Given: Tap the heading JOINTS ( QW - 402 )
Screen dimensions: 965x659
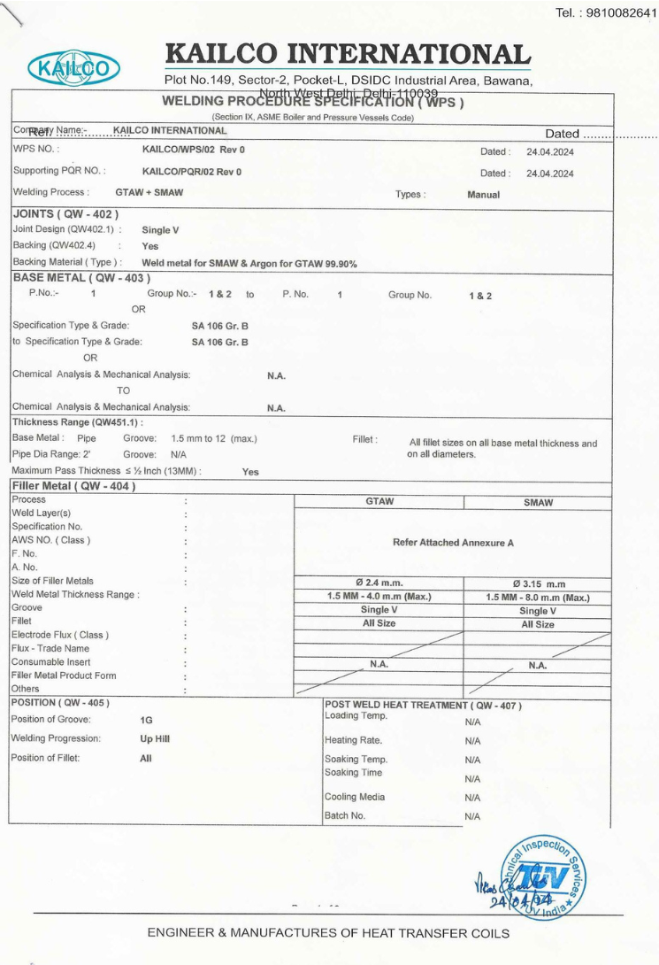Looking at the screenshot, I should pyautogui.click(x=65, y=213).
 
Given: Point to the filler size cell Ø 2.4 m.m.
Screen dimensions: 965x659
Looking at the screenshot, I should pyautogui.click(x=379, y=582).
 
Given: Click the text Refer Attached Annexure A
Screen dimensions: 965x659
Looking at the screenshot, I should pyautogui.click(x=453, y=542).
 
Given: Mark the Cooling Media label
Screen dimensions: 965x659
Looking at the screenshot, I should pyautogui.click(x=355, y=797).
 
